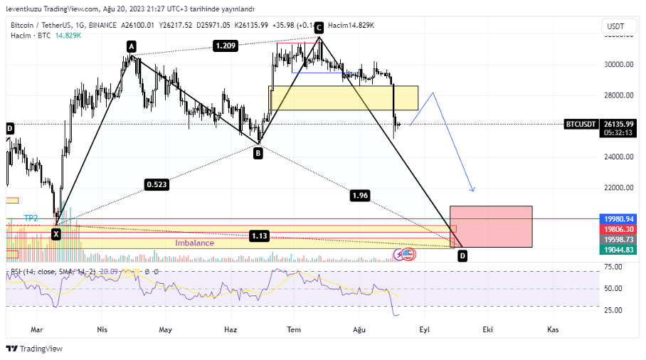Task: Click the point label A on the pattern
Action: (x=132, y=46)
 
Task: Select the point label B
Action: (x=258, y=152)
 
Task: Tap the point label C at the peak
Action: (x=319, y=28)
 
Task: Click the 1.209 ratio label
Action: (x=224, y=46)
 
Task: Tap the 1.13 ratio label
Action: (x=259, y=235)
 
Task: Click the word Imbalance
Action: (x=195, y=243)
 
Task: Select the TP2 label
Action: (x=31, y=218)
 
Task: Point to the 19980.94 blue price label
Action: (x=618, y=219)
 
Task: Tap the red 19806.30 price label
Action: (x=618, y=229)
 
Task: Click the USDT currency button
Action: (x=615, y=26)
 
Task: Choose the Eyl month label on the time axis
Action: (x=425, y=329)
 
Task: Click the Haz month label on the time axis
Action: (x=231, y=329)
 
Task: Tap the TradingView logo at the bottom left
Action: (x=34, y=349)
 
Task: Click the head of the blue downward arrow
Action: (x=472, y=190)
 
